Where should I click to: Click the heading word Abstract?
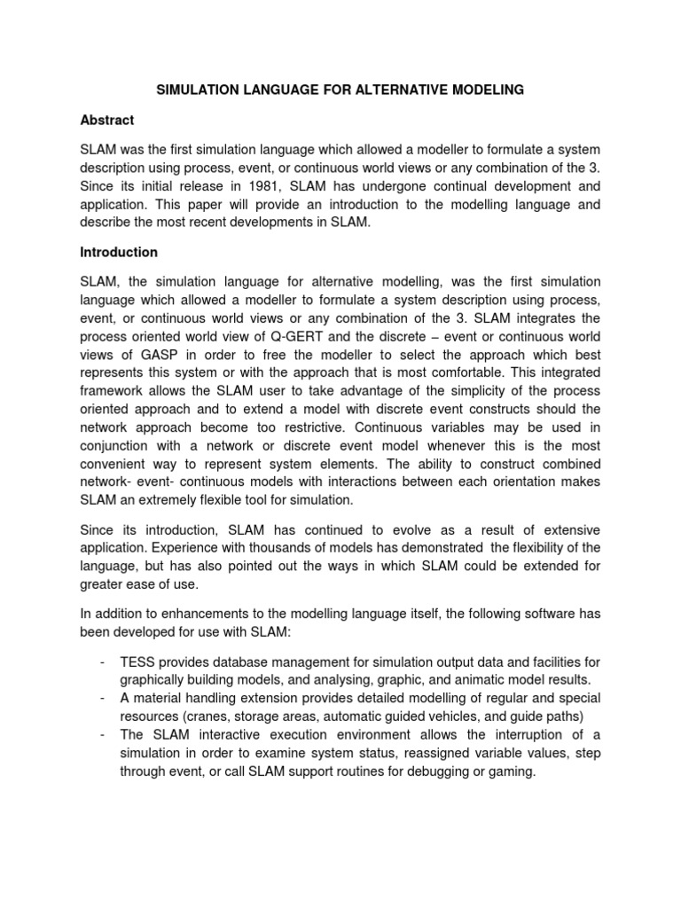pyautogui.click(x=107, y=120)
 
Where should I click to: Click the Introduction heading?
pyautogui.click(x=119, y=252)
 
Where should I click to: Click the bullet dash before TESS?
pyautogui.click(x=106, y=661)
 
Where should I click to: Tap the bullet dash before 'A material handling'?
pyautogui.click(x=106, y=697)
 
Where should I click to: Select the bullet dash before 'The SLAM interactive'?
pyautogui.click(x=106, y=734)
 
